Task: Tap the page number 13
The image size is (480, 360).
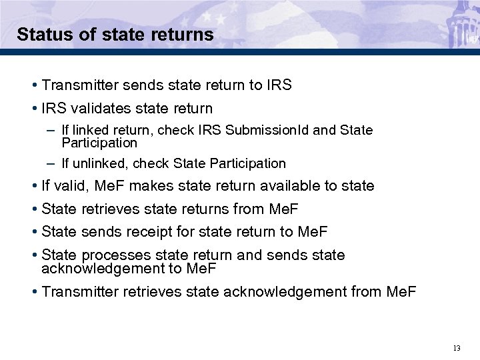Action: click(x=457, y=348)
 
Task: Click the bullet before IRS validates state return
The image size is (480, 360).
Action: click(x=34, y=109)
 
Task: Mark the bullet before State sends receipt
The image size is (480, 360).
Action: click(x=34, y=232)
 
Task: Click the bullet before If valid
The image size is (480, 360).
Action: click(x=34, y=186)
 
